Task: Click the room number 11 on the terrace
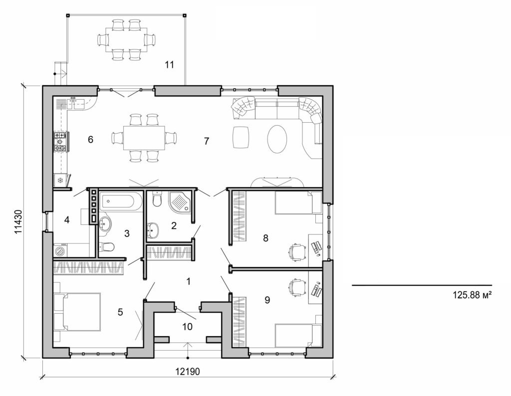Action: [x=169, y=64]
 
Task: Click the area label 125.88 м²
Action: [x=472, y=295]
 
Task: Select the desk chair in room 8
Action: [x=297, y=251]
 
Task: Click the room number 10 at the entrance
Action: [x=188, y=326]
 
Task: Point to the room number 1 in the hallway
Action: [x=188, y=281]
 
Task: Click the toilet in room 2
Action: [x=157, y=199]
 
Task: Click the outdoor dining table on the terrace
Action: [x=126, y=39]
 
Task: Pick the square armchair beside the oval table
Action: [x=242, y=137]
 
